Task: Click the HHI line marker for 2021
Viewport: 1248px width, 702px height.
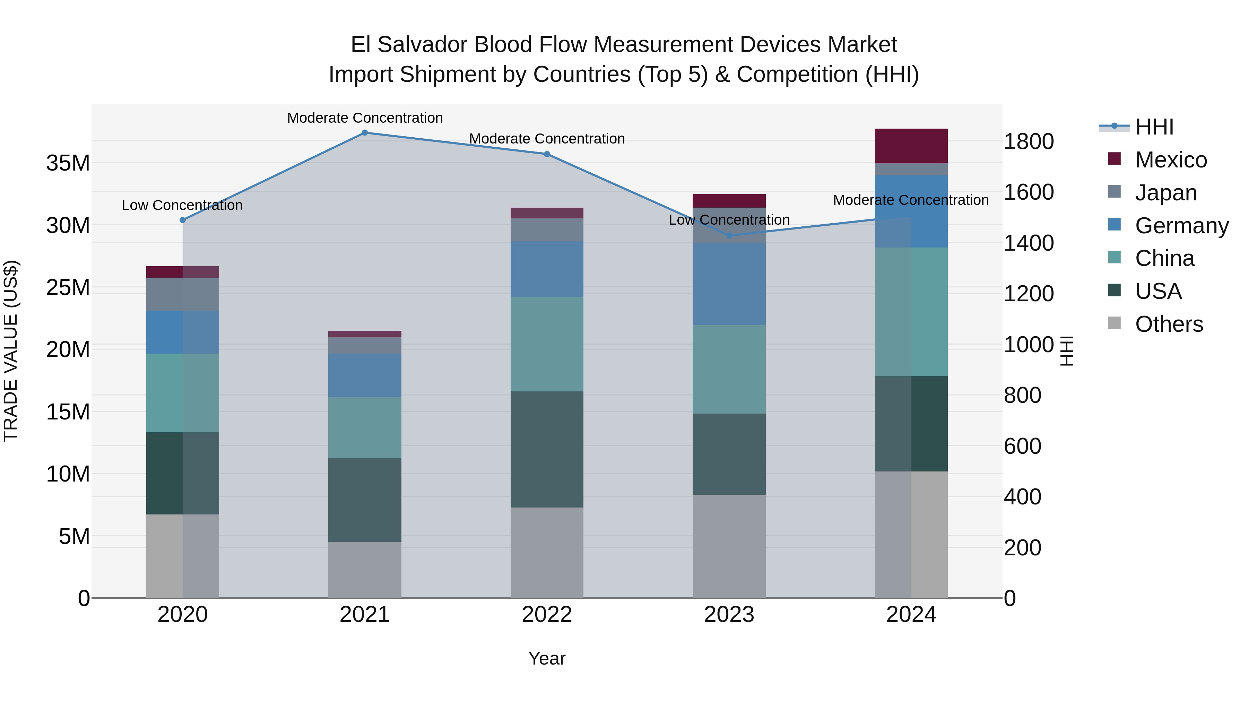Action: point(365,133)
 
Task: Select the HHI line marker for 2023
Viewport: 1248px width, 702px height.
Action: point(729,235)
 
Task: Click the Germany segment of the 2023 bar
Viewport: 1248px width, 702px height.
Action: point(729,284)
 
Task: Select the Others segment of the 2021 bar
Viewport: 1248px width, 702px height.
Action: point(365,569)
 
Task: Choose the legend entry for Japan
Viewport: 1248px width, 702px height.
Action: point(1165,193)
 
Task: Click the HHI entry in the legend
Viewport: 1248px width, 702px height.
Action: point(1153,127)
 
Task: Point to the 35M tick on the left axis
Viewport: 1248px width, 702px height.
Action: point(68,163)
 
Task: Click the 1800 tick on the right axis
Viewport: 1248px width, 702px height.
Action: point(1029,141)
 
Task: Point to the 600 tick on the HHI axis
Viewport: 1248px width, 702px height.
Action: point(1022,446)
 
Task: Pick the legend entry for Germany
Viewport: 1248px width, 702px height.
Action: point(1181,226)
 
